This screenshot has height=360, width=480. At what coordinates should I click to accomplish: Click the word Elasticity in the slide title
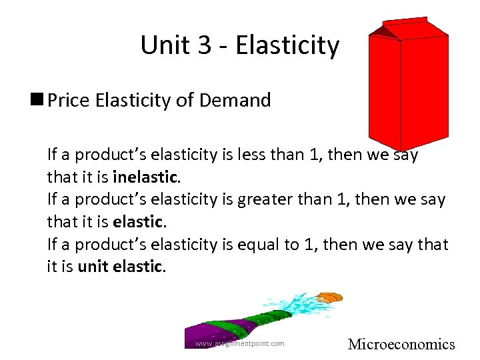click(287, 46)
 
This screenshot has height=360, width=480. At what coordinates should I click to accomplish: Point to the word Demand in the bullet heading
click(237, 101)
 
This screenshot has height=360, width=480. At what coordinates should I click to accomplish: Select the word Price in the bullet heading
click(73, 101)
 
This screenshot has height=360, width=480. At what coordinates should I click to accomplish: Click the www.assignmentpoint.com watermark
click(239, 343)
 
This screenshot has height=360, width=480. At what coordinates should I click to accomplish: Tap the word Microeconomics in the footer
click(401, 344)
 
